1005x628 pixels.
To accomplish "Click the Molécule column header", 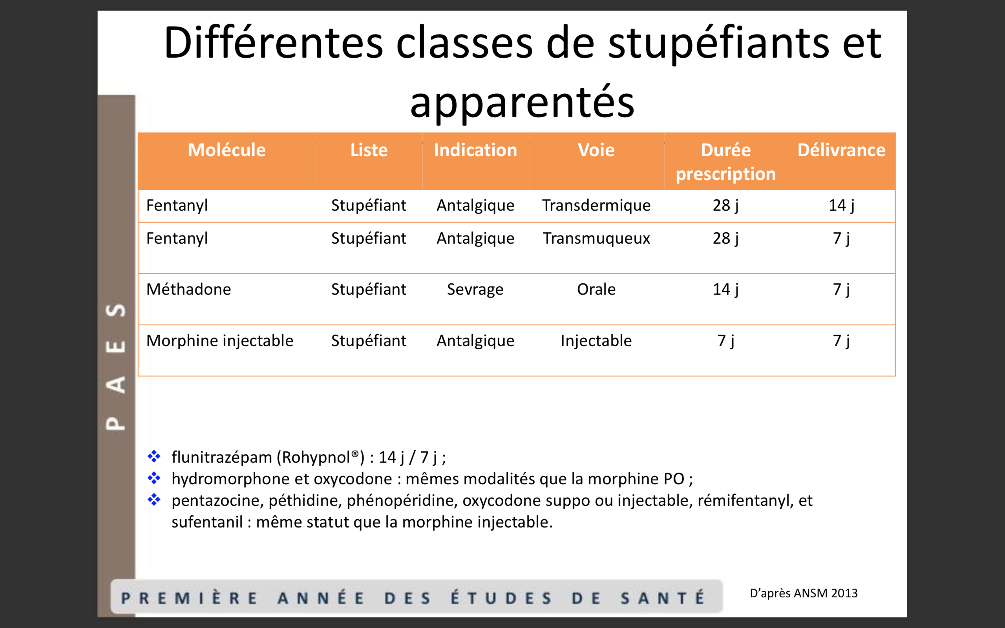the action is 227,150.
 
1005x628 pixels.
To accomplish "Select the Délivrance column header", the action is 841,150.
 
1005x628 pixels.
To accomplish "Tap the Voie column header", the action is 596,150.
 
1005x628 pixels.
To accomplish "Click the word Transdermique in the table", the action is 596,206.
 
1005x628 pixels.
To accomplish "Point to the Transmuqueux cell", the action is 596,239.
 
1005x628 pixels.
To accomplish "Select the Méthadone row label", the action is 188,289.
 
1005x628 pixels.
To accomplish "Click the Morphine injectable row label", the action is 220,341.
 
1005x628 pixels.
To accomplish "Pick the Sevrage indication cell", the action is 475,290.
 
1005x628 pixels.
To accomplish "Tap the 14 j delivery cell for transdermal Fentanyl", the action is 841,206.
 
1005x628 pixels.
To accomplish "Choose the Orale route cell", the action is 596,289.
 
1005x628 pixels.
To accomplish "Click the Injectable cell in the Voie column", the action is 596,341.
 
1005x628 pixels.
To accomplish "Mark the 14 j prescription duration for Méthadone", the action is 725,290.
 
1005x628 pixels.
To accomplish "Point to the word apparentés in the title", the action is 523,102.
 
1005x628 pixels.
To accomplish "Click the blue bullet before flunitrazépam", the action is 154,456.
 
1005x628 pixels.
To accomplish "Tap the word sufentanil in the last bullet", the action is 207,522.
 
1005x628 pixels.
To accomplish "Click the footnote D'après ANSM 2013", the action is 804,593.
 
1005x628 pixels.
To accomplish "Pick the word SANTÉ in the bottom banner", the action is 663,598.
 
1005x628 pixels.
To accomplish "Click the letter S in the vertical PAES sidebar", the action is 116,310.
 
